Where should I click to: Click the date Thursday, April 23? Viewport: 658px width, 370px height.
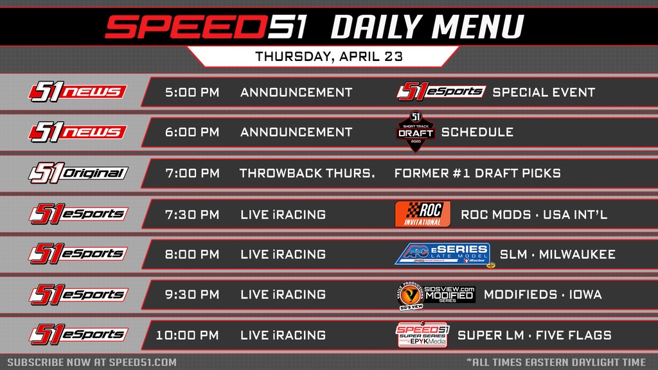tap(329, 56)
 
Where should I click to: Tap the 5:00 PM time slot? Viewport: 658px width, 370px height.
tap(192, 92)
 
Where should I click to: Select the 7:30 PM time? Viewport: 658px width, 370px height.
tap(192, 215)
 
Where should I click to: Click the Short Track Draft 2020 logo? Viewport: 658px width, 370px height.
tap(415, 132)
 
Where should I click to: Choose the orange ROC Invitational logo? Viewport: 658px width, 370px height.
tap(422, 214)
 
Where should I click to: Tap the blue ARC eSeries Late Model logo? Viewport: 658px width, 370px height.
tap(442, 254)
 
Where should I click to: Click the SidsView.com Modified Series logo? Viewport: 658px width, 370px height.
tap(434, 295)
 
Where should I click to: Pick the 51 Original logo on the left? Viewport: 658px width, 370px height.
tap(78, 173)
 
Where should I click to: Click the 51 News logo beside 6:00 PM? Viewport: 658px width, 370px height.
tap(76, 132)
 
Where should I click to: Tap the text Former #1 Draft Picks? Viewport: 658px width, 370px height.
tap(477, 173)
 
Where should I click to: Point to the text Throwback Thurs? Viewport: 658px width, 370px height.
tap(307, 173)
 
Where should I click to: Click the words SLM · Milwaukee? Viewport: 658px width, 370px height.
tap(557, 254)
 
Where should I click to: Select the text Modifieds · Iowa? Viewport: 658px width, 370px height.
tap(542, 295)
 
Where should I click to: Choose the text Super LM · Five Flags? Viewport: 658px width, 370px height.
tap(534, 335)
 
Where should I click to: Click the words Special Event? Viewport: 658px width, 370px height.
tap(544, 92)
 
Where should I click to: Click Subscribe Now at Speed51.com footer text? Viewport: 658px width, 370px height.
tap(92, 362)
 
